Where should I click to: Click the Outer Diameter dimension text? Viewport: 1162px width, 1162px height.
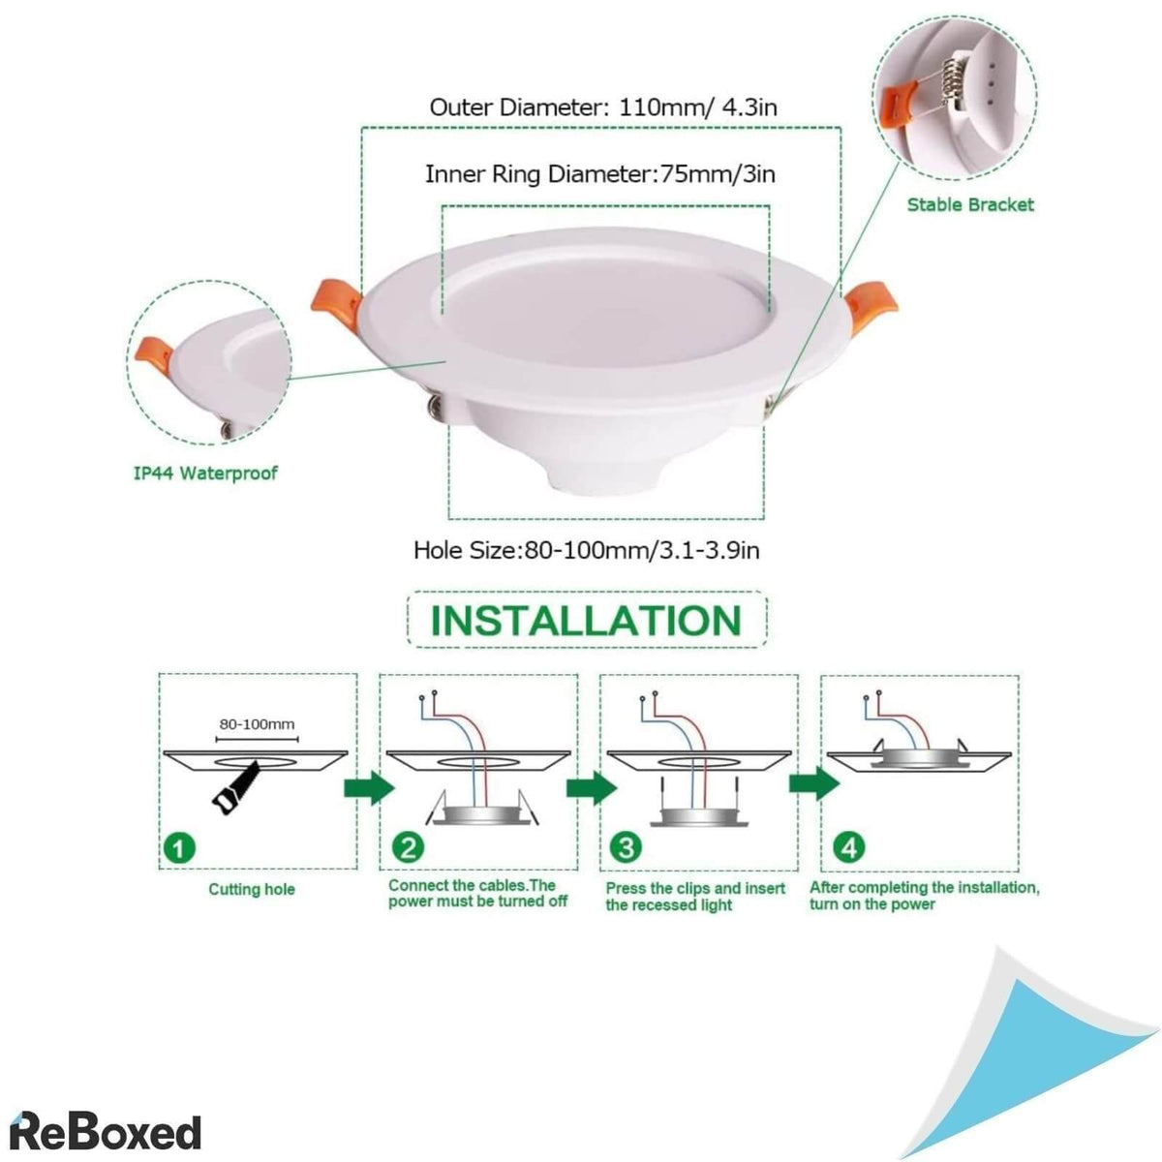602,107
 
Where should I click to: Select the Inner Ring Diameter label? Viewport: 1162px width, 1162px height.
599,174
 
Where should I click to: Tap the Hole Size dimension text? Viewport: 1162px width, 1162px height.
586,551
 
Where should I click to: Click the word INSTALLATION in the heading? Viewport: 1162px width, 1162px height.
586,620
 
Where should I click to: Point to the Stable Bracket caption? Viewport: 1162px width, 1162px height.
969,204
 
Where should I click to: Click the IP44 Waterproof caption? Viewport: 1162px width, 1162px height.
205,474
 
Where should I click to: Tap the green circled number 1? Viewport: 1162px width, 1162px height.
176,848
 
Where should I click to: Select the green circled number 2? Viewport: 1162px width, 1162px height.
408,848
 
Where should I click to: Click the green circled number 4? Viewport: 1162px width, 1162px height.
849,848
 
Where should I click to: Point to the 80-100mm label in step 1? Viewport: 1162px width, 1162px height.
257,724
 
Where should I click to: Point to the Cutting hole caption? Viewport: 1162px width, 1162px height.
252,889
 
